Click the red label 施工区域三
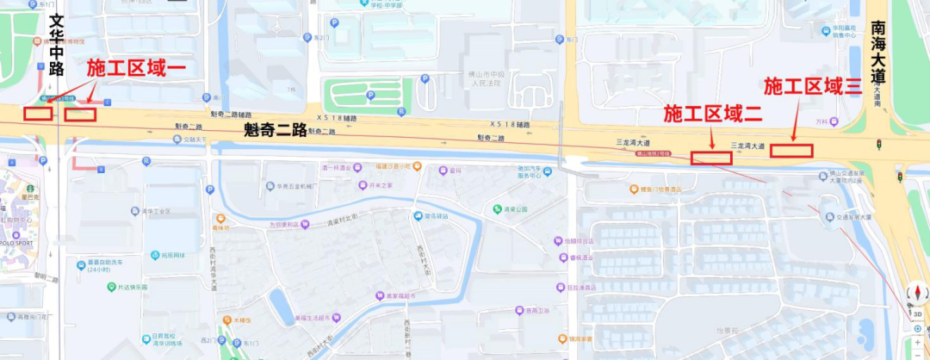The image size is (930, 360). tap(813, 85)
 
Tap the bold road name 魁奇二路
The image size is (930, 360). tap(276, 131)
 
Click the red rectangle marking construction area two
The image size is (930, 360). tap(711, 158)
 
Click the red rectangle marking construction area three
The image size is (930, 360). tap(791, 151)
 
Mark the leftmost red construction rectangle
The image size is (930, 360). tap(37, 113)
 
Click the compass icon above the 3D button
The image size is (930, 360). tap(917, 293)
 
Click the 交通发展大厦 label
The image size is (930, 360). tap(852, 217)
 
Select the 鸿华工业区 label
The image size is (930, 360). tap(156, 211)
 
